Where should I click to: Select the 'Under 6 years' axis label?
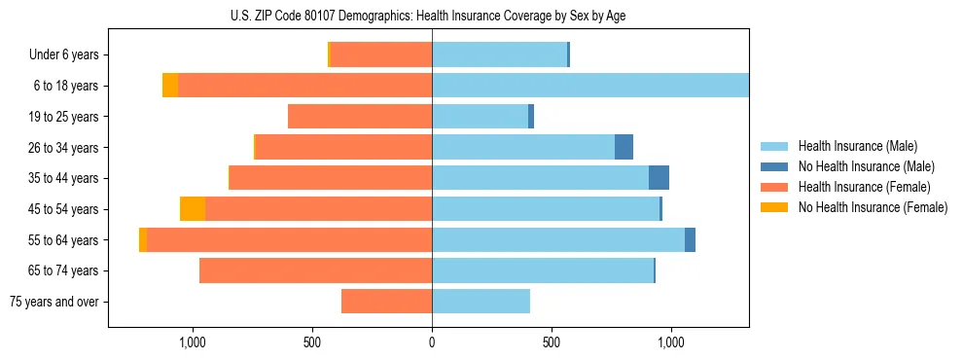(71, 54)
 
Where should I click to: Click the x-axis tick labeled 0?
(432, 342)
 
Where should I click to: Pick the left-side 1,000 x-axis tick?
(193, 342)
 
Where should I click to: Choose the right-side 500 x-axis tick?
(552, 342)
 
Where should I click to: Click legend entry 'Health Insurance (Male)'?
(857, 146)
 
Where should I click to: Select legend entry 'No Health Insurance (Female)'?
(873, 207)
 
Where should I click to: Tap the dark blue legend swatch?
(775, 166)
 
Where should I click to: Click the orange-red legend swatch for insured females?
(775, 187)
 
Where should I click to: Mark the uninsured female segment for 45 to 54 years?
(193, 209)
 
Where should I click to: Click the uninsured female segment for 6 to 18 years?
(170, 86)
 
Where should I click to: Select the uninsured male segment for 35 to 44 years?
(659, 178)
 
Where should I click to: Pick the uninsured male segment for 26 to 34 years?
(624, 147)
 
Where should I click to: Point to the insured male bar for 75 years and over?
(481, 302)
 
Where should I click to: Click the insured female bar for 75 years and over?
(386, 302)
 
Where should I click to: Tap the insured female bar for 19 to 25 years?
(360, 117)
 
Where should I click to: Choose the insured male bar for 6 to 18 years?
(590, 86)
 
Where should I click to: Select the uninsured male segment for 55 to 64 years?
(690, 239)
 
